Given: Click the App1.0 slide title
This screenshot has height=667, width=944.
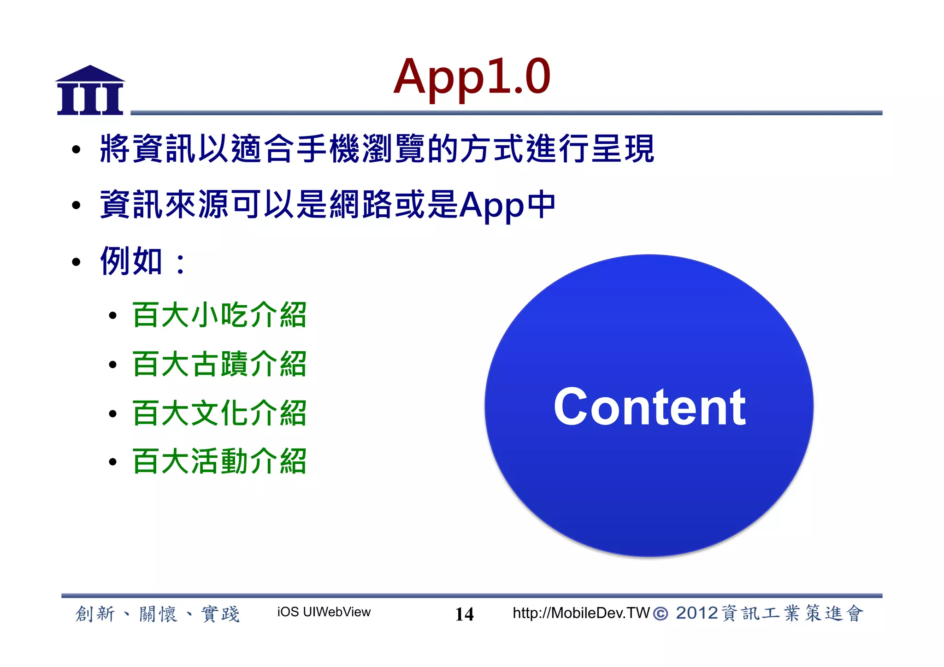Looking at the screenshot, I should point(472,77).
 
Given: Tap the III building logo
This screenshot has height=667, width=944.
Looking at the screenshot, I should point(90,91).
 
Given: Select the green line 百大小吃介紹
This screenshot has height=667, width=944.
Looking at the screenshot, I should point(219,315).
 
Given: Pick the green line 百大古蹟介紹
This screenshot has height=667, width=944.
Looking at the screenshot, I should point(219,364).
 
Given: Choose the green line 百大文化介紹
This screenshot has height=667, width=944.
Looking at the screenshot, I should point(219,413).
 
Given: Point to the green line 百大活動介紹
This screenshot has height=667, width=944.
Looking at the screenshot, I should point(219,461).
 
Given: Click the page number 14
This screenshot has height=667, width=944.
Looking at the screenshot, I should point(464,614).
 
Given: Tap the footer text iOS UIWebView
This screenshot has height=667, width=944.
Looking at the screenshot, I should point(324,612).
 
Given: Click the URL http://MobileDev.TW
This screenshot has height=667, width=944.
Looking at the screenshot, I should point(581,613).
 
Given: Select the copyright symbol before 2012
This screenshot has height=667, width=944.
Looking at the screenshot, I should point(661,614).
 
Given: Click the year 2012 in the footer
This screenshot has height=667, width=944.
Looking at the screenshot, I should point(696,613).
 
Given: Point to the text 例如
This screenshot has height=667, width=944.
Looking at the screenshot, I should point(131,261).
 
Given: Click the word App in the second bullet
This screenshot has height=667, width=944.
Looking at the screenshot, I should point(491,206).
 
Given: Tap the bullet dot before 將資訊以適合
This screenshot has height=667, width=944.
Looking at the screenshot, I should point(76,149).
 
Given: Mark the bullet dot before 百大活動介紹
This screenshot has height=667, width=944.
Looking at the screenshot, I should point(112,462).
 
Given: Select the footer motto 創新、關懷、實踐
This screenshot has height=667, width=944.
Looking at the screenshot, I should point(157,614).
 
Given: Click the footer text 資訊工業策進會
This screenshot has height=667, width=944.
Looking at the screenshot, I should point(791,614).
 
